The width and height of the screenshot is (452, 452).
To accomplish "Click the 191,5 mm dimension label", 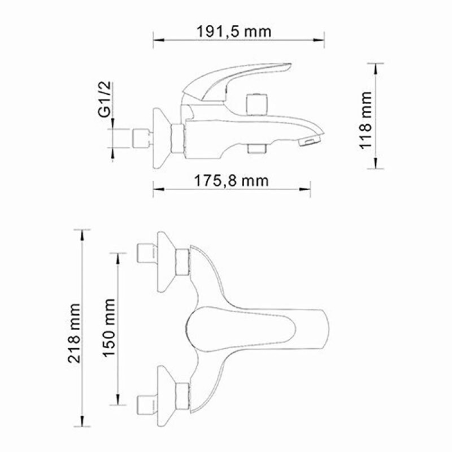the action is pyautogui.click(x=234, y=32).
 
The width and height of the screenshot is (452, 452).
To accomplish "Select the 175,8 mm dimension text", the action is pyautogui.click(x=231, y=181).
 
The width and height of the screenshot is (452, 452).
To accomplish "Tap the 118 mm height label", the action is pyautogui.click(x=366, y=120).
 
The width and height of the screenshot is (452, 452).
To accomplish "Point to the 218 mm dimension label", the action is pyautogui.click(x=74, y=333).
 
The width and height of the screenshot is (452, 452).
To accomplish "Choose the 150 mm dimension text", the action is pyautogui.click(x=109, y=328).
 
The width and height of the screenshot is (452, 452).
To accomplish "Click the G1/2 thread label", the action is pyautogui.click(x=105, y=99).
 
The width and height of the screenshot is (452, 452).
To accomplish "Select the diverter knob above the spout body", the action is pyautogui.click(x=257, y=104).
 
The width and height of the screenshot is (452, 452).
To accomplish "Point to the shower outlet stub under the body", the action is pyautogui.click(x=257, y=148).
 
